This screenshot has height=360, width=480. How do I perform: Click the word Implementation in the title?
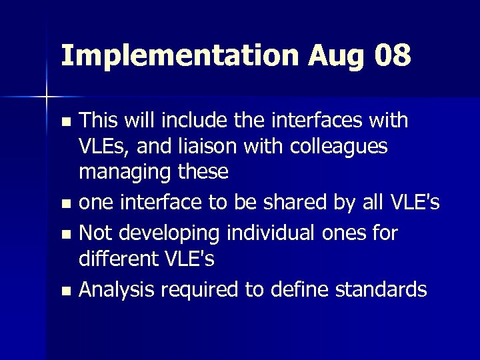coord(179,56)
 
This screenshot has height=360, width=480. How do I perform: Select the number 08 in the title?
coord(393,56)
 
